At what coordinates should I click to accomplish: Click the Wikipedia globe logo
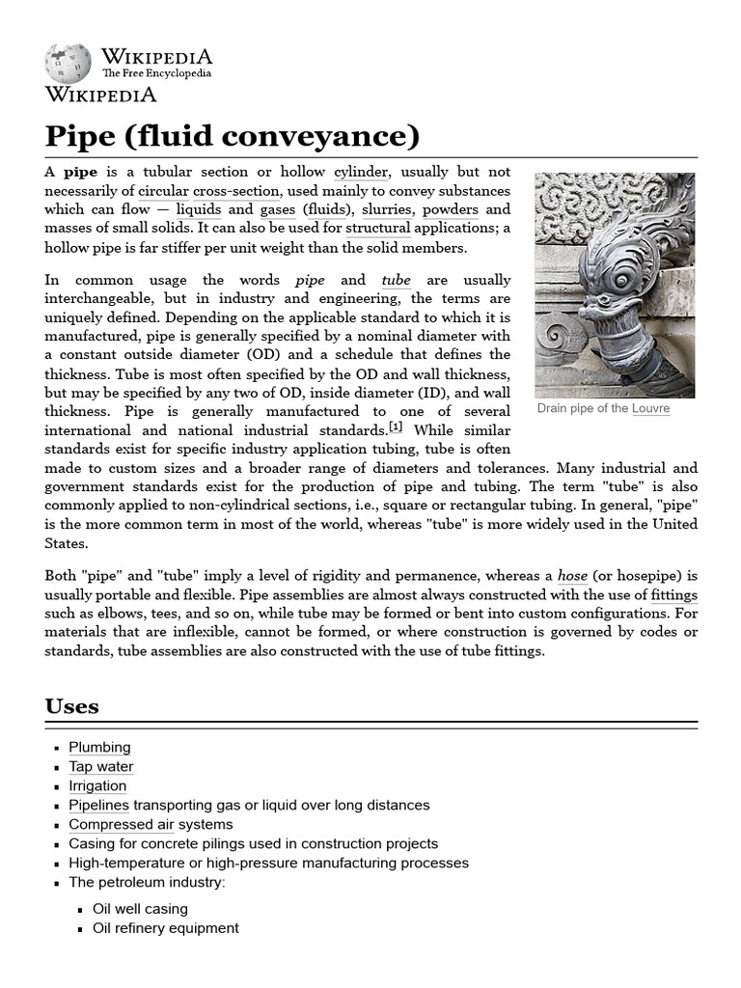(x=68, y=62)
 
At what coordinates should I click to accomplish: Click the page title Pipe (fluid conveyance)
(x=233, y=135)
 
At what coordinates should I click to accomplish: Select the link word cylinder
(x=361, y=172)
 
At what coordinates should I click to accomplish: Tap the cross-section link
(x=242, y=191)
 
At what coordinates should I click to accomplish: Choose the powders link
(x=451, y=209)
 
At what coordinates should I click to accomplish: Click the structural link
(x=378, y=229)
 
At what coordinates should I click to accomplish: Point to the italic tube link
(x=396, y=280)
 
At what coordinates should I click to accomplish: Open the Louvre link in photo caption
(x=650, y=409)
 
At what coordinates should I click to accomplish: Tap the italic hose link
(x=572, y=575)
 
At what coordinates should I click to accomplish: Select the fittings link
(x=674, y=595)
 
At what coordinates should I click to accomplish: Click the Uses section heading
(x=72, y=705)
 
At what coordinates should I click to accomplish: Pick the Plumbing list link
(x=99, y=748)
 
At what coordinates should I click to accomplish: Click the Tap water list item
(x=101, y=767)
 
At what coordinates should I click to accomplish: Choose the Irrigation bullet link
(x=97, y=786)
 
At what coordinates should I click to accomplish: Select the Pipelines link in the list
(x=98, y=805)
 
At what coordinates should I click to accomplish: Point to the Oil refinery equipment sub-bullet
(x=165, y=928)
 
